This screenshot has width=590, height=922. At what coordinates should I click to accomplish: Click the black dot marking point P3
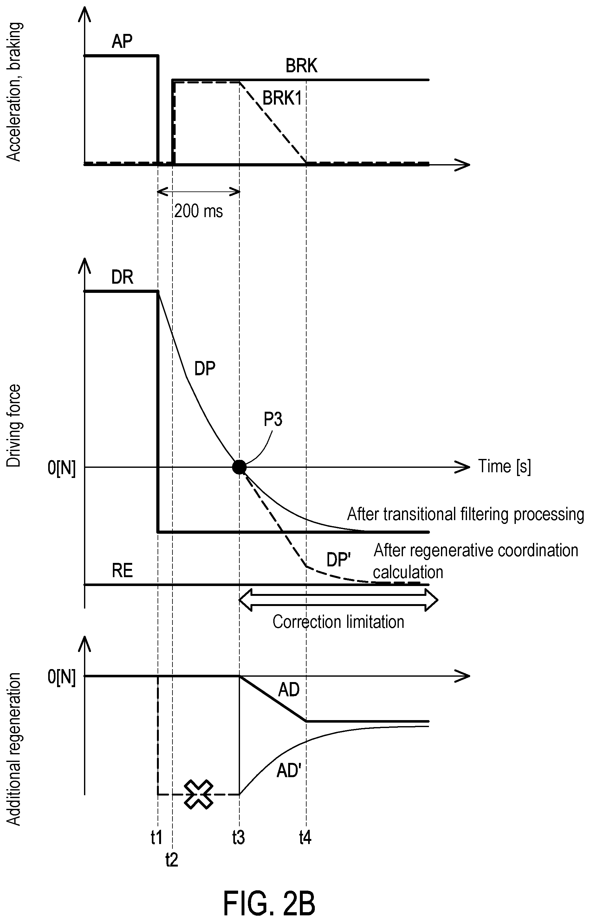coord(239,467)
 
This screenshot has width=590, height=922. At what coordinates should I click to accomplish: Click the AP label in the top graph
coord(122,41)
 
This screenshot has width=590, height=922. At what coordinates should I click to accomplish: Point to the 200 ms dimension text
coord(198,211)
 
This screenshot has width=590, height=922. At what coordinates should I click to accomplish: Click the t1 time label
coord(157,838)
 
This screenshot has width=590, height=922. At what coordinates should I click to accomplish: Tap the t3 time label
coord(239,838)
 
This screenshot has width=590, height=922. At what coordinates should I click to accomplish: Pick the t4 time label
coord(305,838)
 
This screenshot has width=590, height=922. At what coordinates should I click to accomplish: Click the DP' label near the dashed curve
coord(339,560)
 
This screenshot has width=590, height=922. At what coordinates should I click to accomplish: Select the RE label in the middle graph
coord(122,571)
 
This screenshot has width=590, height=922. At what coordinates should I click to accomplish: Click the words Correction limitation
coord(338,622)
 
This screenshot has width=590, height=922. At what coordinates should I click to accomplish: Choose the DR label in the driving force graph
coord(122,277)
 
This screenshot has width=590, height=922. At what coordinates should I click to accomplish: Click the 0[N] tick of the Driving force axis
coord(62,467)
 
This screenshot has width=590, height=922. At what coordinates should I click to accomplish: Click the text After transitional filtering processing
coord(465,514)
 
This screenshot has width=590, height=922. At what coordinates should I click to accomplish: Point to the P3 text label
coord(273,420)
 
